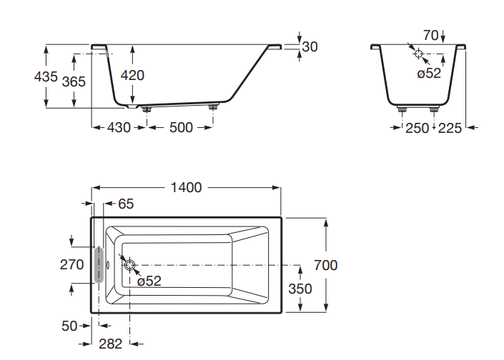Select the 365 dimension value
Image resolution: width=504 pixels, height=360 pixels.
coord(74,81)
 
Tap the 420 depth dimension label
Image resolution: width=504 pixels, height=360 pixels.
coord(132,75)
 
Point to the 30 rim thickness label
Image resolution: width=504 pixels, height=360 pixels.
coord(310,46)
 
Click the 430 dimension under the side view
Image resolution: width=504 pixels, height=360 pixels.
coord(119,128)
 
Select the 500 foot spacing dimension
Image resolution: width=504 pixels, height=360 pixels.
coord(181,128)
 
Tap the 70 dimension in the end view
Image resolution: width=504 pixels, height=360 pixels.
coord(430,35)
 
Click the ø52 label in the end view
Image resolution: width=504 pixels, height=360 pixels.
coord(429,72)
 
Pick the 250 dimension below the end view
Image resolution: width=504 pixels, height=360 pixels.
coord(417,128)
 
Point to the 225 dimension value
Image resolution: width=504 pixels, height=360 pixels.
coord(449,128)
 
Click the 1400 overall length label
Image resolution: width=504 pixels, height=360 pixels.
coord(186,188)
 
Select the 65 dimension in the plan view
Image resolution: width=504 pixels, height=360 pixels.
coord(126,204)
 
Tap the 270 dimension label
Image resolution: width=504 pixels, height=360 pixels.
coord(71,264)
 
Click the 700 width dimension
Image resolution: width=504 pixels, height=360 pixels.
coord(325,265)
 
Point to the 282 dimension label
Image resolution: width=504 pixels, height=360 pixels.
coord(110,344)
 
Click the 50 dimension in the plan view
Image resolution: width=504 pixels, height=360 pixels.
coord(69,326)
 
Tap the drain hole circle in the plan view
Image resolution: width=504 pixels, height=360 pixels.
coord(130,265)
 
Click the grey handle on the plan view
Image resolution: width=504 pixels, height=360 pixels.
coord(99,265)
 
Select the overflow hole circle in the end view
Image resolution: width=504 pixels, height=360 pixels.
coord(419,53)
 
